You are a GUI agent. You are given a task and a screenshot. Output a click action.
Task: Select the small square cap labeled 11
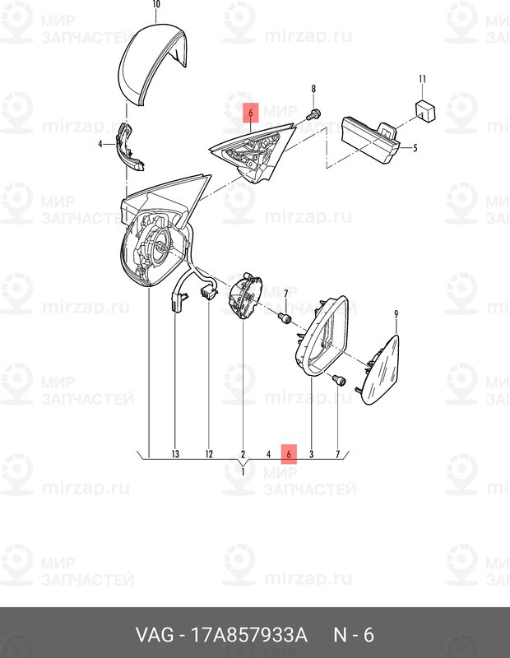[x=424, y=110]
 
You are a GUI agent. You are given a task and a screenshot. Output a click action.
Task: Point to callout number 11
[x=421, y=79]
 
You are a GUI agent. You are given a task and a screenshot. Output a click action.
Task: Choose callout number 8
[x=313, y=88]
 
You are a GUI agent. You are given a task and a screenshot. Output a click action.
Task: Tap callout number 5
[x=415, y=149]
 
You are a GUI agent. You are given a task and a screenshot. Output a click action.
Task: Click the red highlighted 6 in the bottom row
[x=289, y=453]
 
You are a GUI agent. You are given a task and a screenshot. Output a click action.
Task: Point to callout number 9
[x=396, y=314]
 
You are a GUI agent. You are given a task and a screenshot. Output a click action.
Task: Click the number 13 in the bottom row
[x=175, y=454]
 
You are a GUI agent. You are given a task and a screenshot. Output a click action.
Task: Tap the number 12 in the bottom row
[x=209, y=454]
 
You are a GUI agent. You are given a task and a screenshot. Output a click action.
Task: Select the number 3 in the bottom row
[x=312, y=454]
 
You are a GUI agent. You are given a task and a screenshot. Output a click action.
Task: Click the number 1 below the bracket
[x=243, y=471]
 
